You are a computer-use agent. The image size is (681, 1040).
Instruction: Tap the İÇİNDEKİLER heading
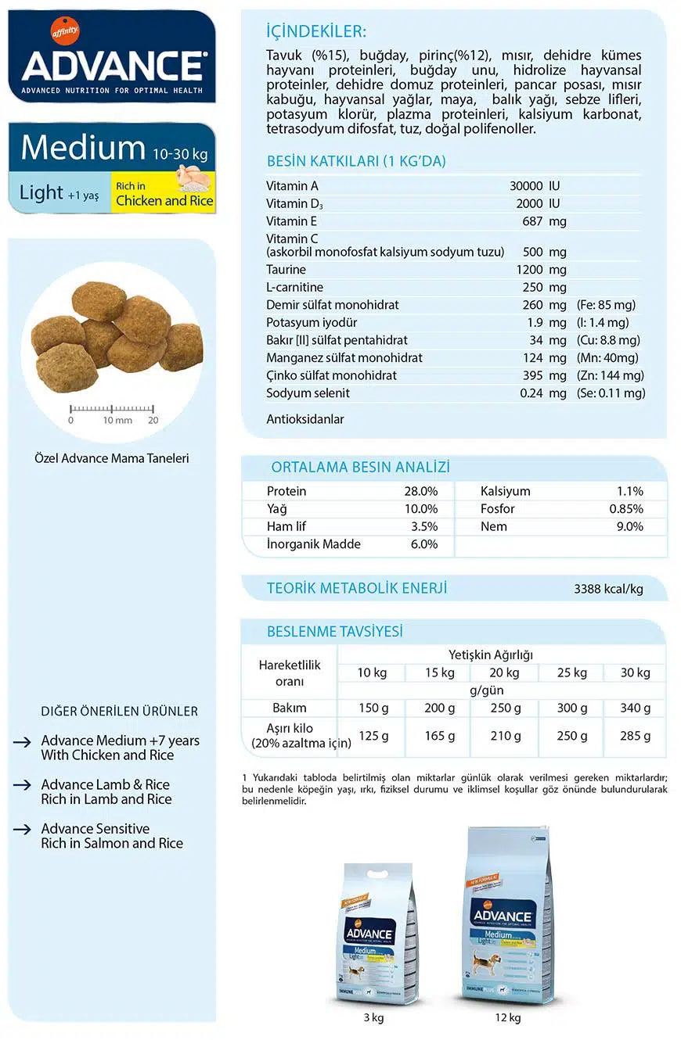315,32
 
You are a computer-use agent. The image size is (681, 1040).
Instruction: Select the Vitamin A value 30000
525,186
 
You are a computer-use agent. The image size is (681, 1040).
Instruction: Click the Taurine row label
286,270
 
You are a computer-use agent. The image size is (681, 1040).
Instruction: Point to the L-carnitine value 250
532,287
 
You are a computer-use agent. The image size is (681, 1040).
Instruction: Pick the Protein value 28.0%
420,491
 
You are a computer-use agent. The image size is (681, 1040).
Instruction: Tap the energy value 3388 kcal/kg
608,589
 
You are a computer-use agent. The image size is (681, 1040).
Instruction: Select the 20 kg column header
503,672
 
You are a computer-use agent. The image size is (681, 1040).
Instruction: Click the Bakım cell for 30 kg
635,708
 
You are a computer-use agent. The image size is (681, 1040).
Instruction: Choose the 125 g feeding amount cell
373,736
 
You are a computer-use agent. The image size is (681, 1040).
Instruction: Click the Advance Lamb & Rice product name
106,784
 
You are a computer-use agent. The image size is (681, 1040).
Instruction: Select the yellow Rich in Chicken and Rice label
164,194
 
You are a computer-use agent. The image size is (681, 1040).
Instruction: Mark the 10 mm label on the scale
118,420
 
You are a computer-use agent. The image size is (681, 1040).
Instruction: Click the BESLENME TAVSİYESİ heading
335,632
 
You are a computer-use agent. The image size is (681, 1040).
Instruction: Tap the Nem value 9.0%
629,526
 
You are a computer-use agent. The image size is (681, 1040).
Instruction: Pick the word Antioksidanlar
305,419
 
